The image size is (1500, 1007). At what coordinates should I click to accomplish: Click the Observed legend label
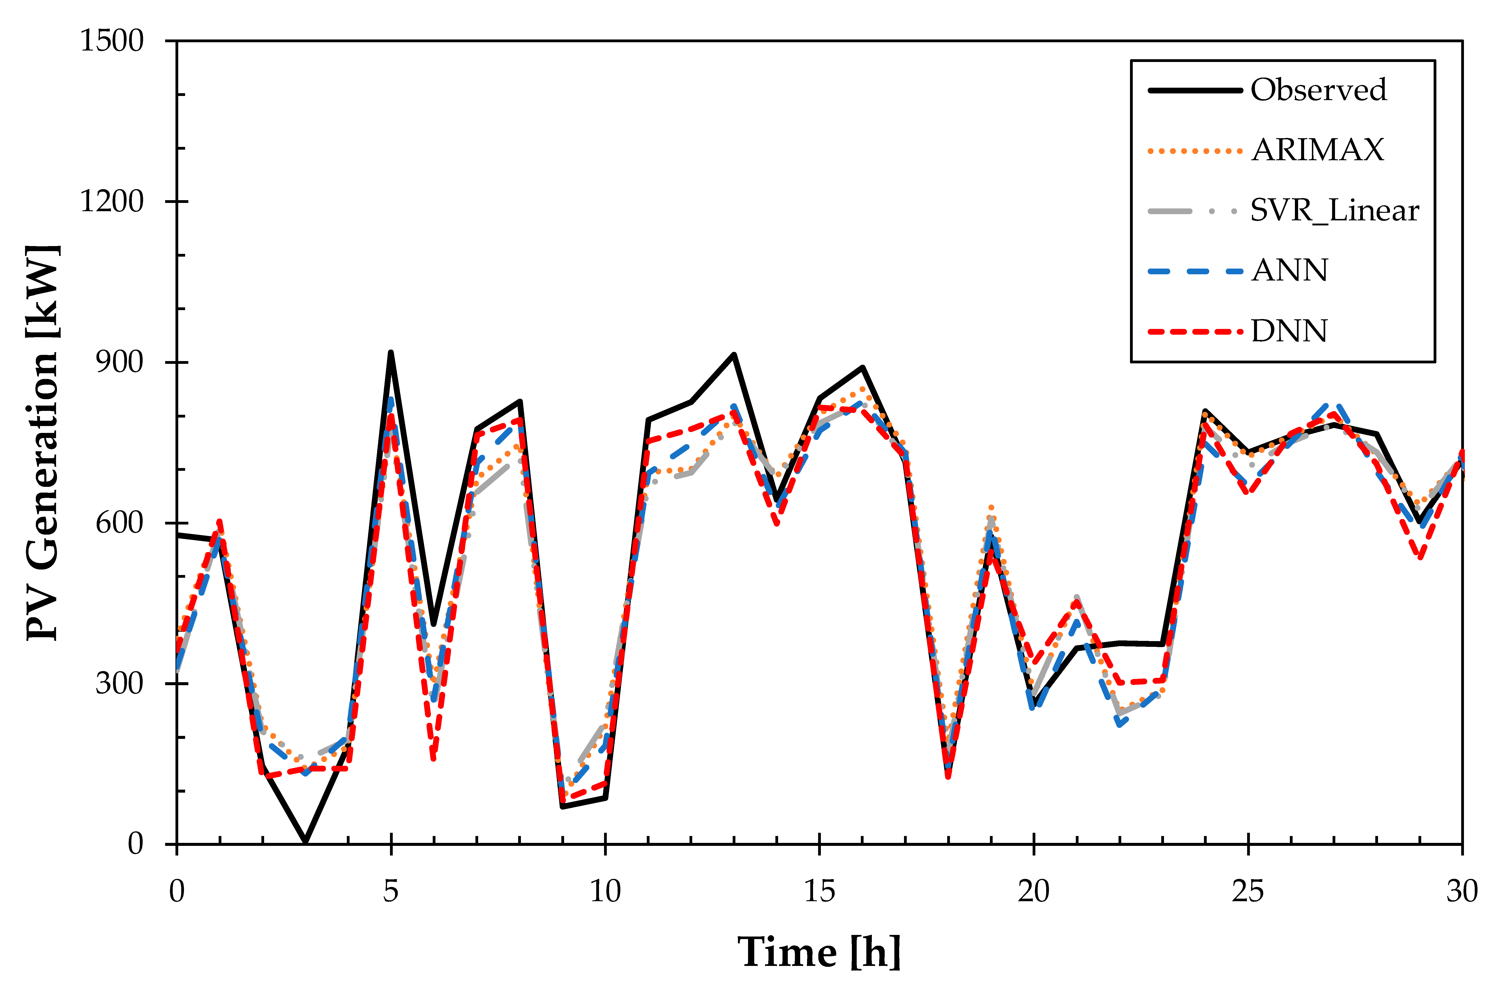pyautogui.click(x=1318, y=90)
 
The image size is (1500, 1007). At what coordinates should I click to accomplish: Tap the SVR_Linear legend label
pyautogui.click(x=1334, y=211)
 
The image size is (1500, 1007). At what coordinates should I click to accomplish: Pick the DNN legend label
pyautogui.click(x=1289, y=331)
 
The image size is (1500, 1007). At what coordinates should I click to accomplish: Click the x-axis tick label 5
pyautogui.click(x=391, y=891)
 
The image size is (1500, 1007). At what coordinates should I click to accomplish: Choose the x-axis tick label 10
pyautogui.click(x=605, y=891)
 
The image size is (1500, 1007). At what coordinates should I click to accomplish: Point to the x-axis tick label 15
pyautogui.click(x=820, y=891)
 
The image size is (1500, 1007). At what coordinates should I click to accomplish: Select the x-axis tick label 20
pyautogui.click(x=1034, y=891)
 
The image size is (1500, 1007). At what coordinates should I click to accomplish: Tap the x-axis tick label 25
pyautogui.click(x=1248, y=891)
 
